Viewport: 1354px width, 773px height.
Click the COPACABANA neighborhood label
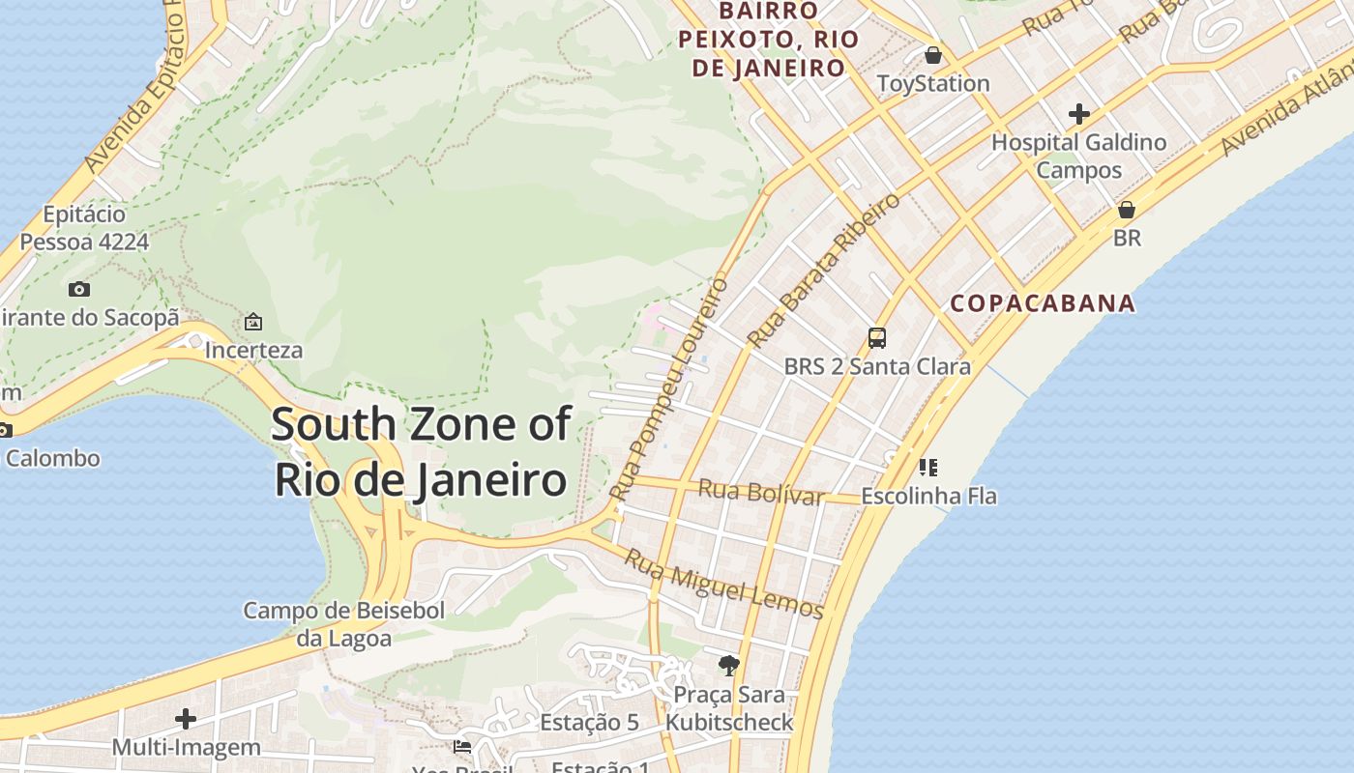tap(1042, 303)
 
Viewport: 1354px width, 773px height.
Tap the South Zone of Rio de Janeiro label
tap(421, 452)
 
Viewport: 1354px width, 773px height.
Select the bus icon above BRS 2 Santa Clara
tap(877, 338)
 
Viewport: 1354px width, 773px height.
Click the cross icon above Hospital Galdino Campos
tap(1079, 114)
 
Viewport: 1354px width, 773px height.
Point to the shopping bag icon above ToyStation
tap(933, 55)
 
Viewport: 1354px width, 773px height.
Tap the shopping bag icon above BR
tap(1127, 209)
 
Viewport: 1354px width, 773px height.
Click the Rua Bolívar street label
tap(761, 492)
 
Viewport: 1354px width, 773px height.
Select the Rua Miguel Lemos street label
tap(722, 584)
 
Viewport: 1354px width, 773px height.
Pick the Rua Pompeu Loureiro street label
tap(669, 389)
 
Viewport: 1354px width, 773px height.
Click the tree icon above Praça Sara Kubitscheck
tap(729, 665)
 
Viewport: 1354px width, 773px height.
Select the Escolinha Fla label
tap(928, 497)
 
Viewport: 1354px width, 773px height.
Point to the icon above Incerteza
tap(253, 321)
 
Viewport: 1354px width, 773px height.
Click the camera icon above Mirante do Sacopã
tap(79, 289)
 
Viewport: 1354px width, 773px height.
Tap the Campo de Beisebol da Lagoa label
tap(343, 624)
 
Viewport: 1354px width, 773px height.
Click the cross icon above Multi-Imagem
tap(186, 719)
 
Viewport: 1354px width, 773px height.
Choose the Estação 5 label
tap(589, 723)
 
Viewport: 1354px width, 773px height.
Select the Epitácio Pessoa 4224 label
tap(84, 228)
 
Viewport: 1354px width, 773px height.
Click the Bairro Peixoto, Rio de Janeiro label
tap(768, 40)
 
